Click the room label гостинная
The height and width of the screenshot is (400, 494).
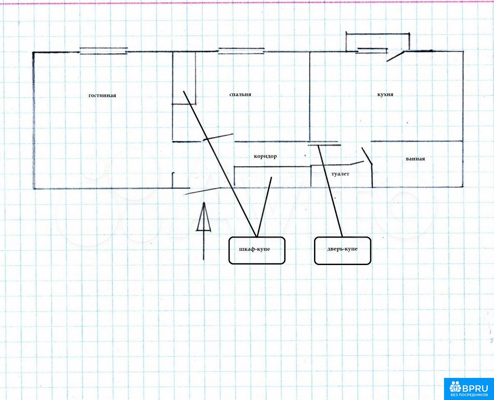coord(102,95)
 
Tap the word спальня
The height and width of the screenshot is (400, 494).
coord(240,95)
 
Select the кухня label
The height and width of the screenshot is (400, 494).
coord(385,95)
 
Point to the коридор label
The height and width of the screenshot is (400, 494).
coord(265,157)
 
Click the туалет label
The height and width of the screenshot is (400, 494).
coord(340,174)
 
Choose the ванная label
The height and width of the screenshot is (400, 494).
coord(415,159)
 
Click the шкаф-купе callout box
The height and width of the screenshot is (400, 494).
coord(257,250)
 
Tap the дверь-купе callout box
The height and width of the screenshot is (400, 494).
coord(342,250)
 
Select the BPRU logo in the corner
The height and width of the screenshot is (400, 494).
coord(469,389)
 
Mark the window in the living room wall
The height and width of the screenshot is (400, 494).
coord(103,51)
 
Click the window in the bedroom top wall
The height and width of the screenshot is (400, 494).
coord(242,51)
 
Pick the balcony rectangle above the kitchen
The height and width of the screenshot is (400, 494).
coord(377,41)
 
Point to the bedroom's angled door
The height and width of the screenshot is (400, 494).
coord(218,137)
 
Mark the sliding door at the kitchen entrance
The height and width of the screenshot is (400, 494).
coord(324,145)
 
